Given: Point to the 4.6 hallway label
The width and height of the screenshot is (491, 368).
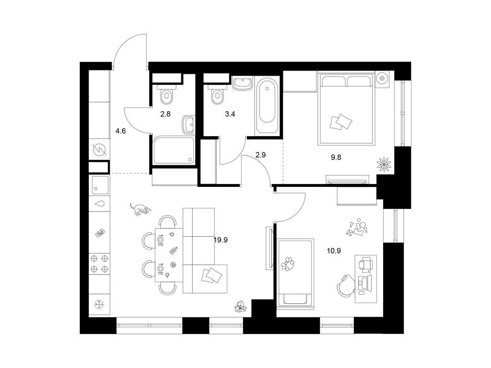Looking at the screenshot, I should (120, 130).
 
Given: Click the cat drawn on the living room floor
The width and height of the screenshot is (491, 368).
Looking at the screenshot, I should (140, 209).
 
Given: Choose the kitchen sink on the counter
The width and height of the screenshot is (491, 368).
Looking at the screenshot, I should (100, 184).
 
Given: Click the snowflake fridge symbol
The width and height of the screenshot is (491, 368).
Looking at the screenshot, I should (100, 304).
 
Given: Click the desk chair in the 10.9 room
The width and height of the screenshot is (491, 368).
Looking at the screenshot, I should (346, 287).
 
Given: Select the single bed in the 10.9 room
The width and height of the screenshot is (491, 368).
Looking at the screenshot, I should (296, 272).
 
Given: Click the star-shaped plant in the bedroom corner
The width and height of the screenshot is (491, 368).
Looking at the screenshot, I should (385, 164).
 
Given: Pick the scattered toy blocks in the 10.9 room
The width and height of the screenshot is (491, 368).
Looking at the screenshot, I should (357, 228).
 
